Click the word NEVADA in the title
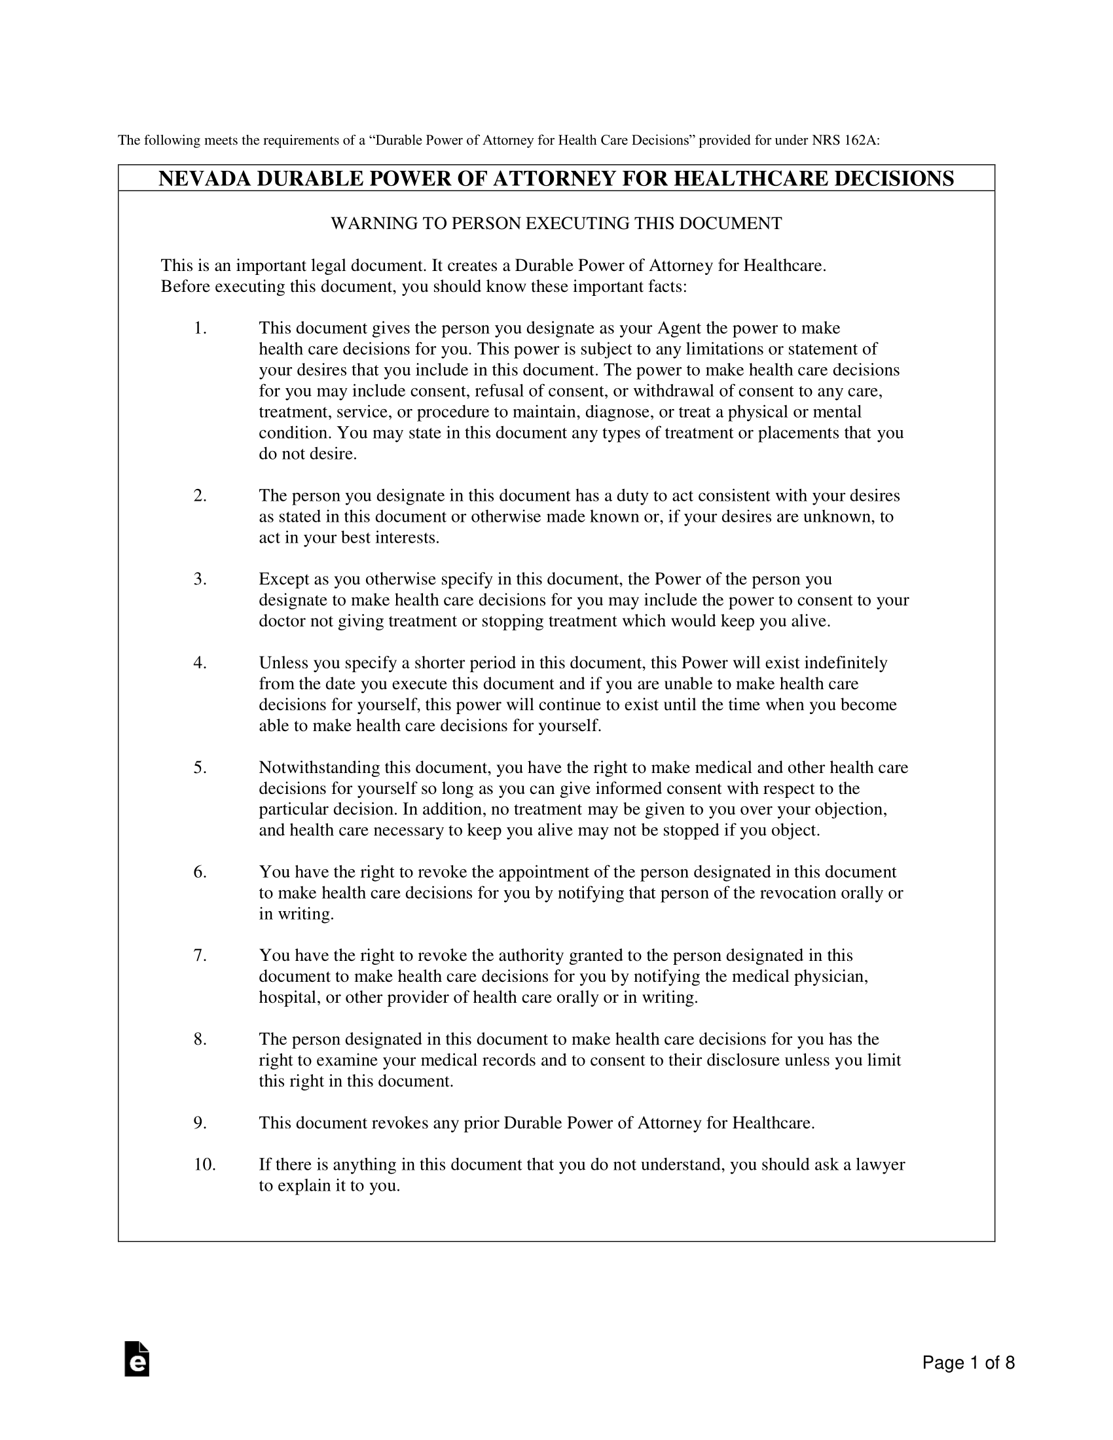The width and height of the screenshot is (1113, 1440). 204,179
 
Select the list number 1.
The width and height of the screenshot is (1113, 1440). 200,328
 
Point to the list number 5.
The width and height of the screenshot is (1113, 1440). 200,768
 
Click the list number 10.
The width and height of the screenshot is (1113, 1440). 204,1165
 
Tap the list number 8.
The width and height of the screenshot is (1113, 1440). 200,1039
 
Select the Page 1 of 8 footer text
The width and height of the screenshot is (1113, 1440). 968,1363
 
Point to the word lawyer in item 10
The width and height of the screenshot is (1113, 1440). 880,1165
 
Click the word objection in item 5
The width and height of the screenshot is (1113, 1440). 850,810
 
